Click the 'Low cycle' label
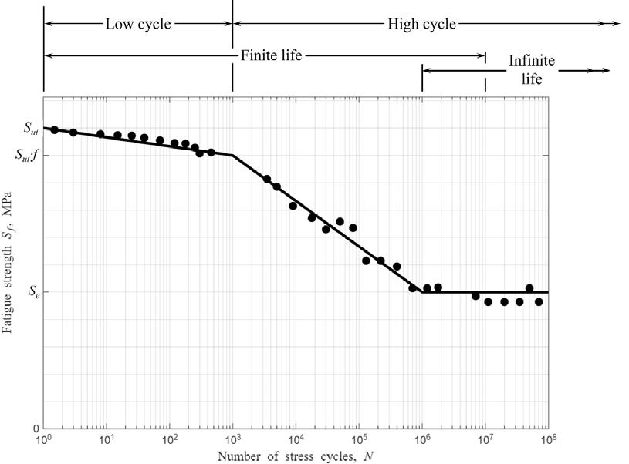[138, 23]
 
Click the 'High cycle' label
[421, 23]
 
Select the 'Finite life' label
[270, 55]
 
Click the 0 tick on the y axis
[33, 429]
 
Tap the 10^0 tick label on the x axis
[45, 440]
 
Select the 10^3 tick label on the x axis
[233, 440]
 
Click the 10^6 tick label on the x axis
[422, 440]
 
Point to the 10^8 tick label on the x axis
[548, 440]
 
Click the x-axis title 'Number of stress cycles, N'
[296, 456]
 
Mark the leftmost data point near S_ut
[55, 129]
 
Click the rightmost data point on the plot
[539, 302]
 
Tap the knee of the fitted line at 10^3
[233, 156]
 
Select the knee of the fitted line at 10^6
[422, 292]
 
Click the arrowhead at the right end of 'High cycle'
[616, 23]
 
